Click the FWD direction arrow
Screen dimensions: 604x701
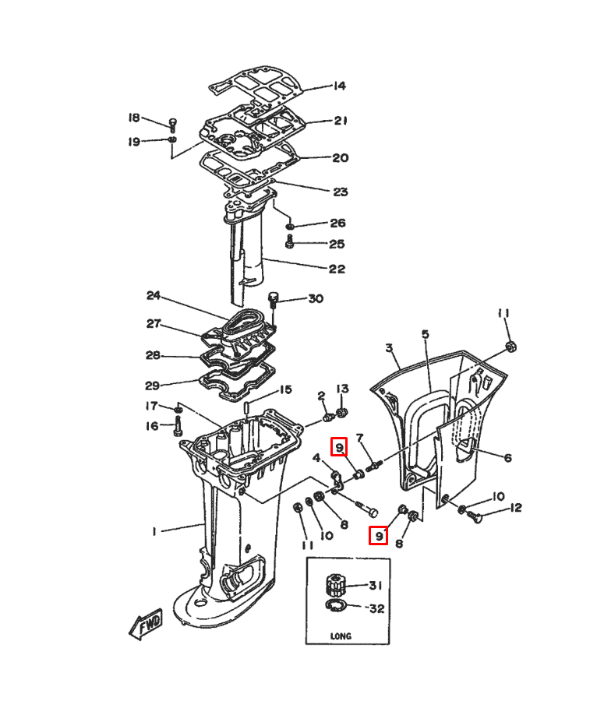[147, 624]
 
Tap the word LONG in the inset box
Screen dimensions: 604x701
[341, 636]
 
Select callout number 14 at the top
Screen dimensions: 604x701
[340, 86]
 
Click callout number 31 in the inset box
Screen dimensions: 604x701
[376, 585]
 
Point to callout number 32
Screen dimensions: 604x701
[376, 608]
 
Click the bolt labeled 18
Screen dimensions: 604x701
[173, 125]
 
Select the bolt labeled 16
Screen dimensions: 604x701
[178, 425]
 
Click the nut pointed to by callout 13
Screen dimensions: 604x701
[342, 411]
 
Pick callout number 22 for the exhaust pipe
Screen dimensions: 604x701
[337, 269]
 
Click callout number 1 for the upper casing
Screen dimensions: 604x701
[154, 531]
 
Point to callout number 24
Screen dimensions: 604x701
[154, 295]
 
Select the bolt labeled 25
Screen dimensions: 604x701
[289, 242]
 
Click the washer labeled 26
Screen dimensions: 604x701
[290, 226]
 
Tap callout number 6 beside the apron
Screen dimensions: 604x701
[508, 457]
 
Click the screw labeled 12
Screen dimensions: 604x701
[475, 516]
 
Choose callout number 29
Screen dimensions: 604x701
[153, 386]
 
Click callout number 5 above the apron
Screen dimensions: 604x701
[425, 334]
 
